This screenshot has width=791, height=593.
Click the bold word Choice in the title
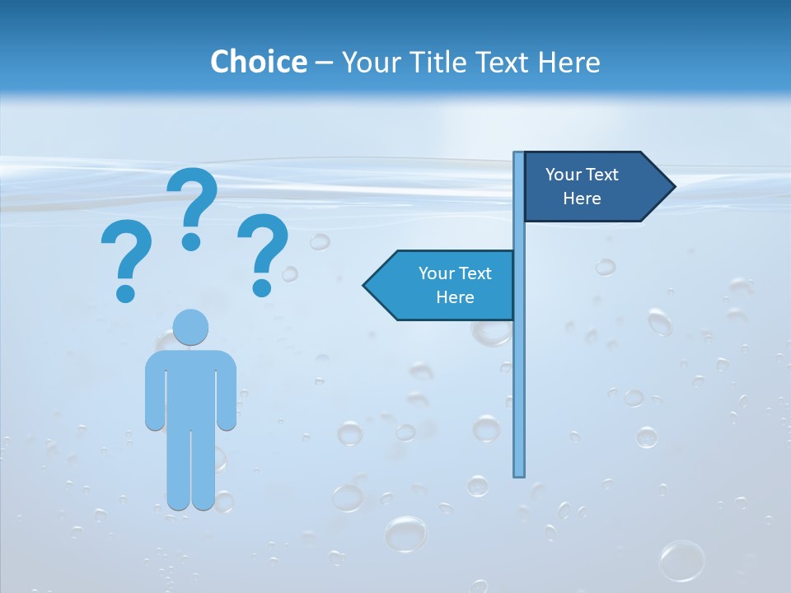coord(258,62)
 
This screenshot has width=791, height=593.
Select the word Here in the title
coord(569,62)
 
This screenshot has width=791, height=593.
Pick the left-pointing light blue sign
coord(445,285)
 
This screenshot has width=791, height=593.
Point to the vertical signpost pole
coord(519,371)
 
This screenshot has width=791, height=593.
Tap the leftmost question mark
coord(126,255)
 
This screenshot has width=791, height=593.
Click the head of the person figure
coord(191,327)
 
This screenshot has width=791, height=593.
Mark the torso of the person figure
coord(191,387)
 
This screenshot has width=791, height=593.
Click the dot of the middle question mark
coord(191,241)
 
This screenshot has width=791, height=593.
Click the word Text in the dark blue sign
coord(601,175)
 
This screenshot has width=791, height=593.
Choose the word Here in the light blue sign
coord(455,297)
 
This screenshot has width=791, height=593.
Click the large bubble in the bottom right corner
coord(682,561)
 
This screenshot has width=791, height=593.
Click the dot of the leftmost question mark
coord(125,292)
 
